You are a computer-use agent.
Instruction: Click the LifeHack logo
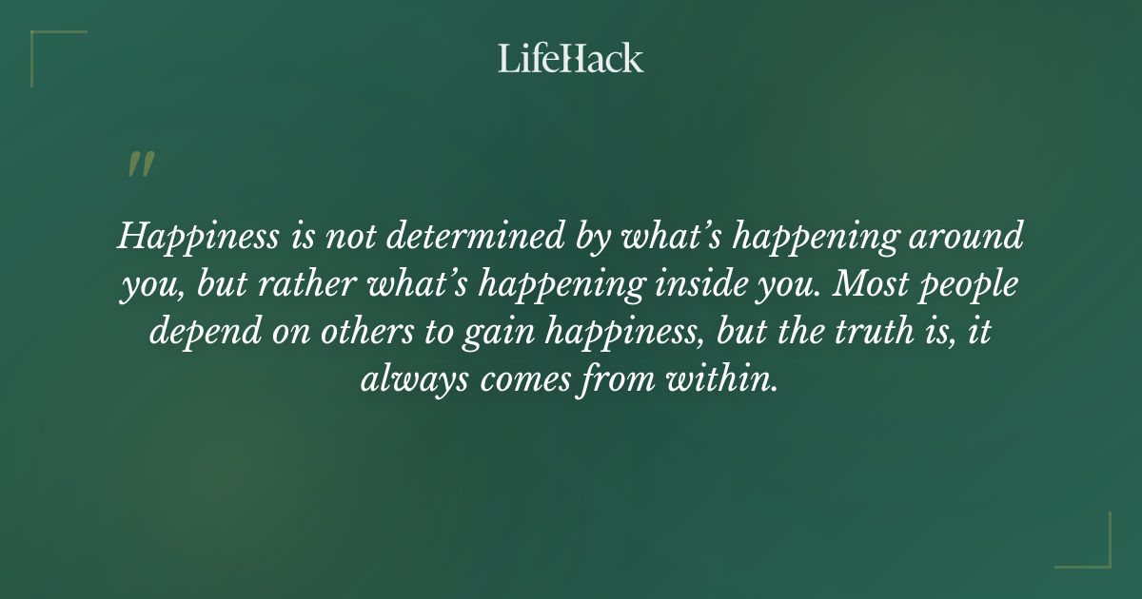point(571,58)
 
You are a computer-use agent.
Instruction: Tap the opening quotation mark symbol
point(140,165)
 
